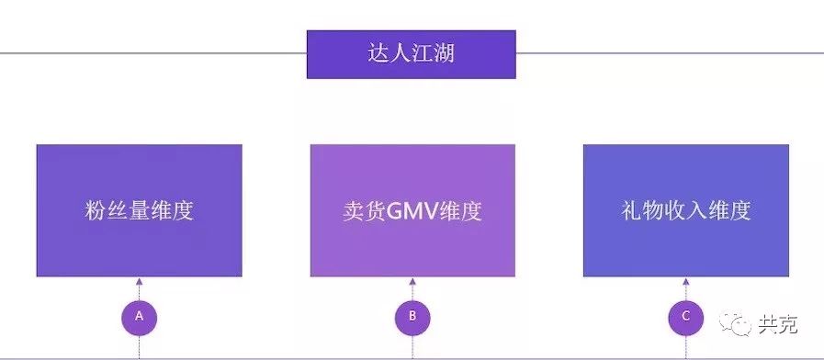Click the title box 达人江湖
tap(411, 54)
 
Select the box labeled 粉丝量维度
tap(139, 210)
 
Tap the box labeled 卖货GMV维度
tap(412, 210)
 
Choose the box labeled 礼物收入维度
tap(685, 210)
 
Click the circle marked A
tap(139, 317)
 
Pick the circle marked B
tap(412, 317)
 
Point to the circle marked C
tap(685, 317)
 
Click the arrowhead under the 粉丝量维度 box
tap(139, 282)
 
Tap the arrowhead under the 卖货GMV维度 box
tap(412, 282)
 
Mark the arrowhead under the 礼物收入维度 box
tap(685, 282)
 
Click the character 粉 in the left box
tap(94, 210)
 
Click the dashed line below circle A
tap(139, 346)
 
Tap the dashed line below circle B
tap(412, 346)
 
